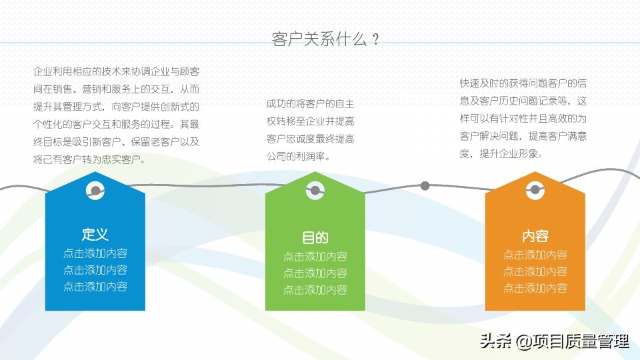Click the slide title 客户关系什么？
326,39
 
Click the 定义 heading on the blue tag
95,234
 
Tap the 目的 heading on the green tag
315,237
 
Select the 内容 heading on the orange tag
535,236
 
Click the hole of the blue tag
95,190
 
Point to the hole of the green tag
315,190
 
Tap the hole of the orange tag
535,190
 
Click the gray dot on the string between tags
425,186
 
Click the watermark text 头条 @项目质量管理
555,341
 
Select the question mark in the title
376,39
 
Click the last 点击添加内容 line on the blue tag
95,287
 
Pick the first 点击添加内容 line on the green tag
315,256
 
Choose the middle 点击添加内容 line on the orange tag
535,271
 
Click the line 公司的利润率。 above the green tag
298,156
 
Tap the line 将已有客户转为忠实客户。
89,159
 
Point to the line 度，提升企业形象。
501,153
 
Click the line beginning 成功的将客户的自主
310,104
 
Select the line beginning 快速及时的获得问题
523,83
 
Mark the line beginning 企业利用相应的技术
116,71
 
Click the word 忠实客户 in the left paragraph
121,159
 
